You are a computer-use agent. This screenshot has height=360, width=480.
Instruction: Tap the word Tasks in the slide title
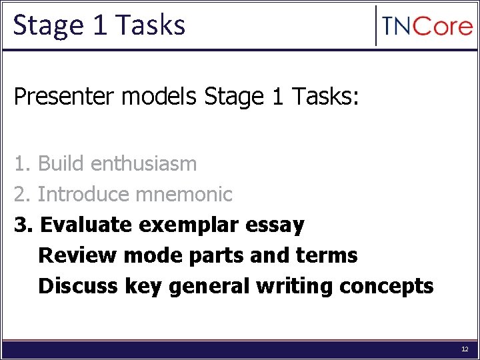pyautogui.click(x=151, y=25)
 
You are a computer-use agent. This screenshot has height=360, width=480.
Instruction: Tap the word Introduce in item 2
pyautogui.click(x=84, y=195)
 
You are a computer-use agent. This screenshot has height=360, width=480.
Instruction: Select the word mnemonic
pyautogui.click(x=184, y=195)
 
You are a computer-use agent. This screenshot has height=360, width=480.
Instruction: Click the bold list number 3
pyautogui.click(x=23, y=225)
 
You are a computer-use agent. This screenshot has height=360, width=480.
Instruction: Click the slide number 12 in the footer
pyautogui.click(x=465, y=349)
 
